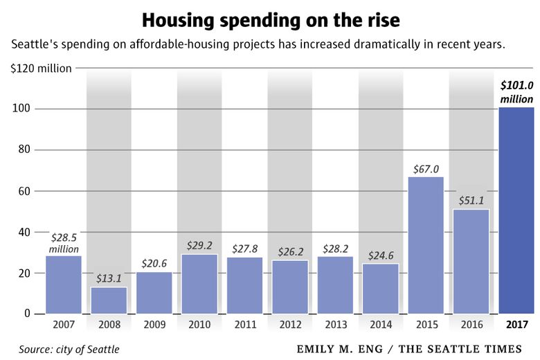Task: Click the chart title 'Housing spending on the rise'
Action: [270, 20]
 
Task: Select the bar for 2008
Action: [109, 300]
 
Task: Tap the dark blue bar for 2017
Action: [516, 210]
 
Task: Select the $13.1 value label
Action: [109, 279]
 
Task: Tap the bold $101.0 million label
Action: [516, 93]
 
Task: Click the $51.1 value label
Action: [471, 201]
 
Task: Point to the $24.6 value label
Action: [381, 255]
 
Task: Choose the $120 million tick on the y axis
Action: [41, 69]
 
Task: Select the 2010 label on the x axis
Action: [199, 323]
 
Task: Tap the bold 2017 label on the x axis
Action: [516, 323]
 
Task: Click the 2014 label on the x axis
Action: [381, 323]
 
